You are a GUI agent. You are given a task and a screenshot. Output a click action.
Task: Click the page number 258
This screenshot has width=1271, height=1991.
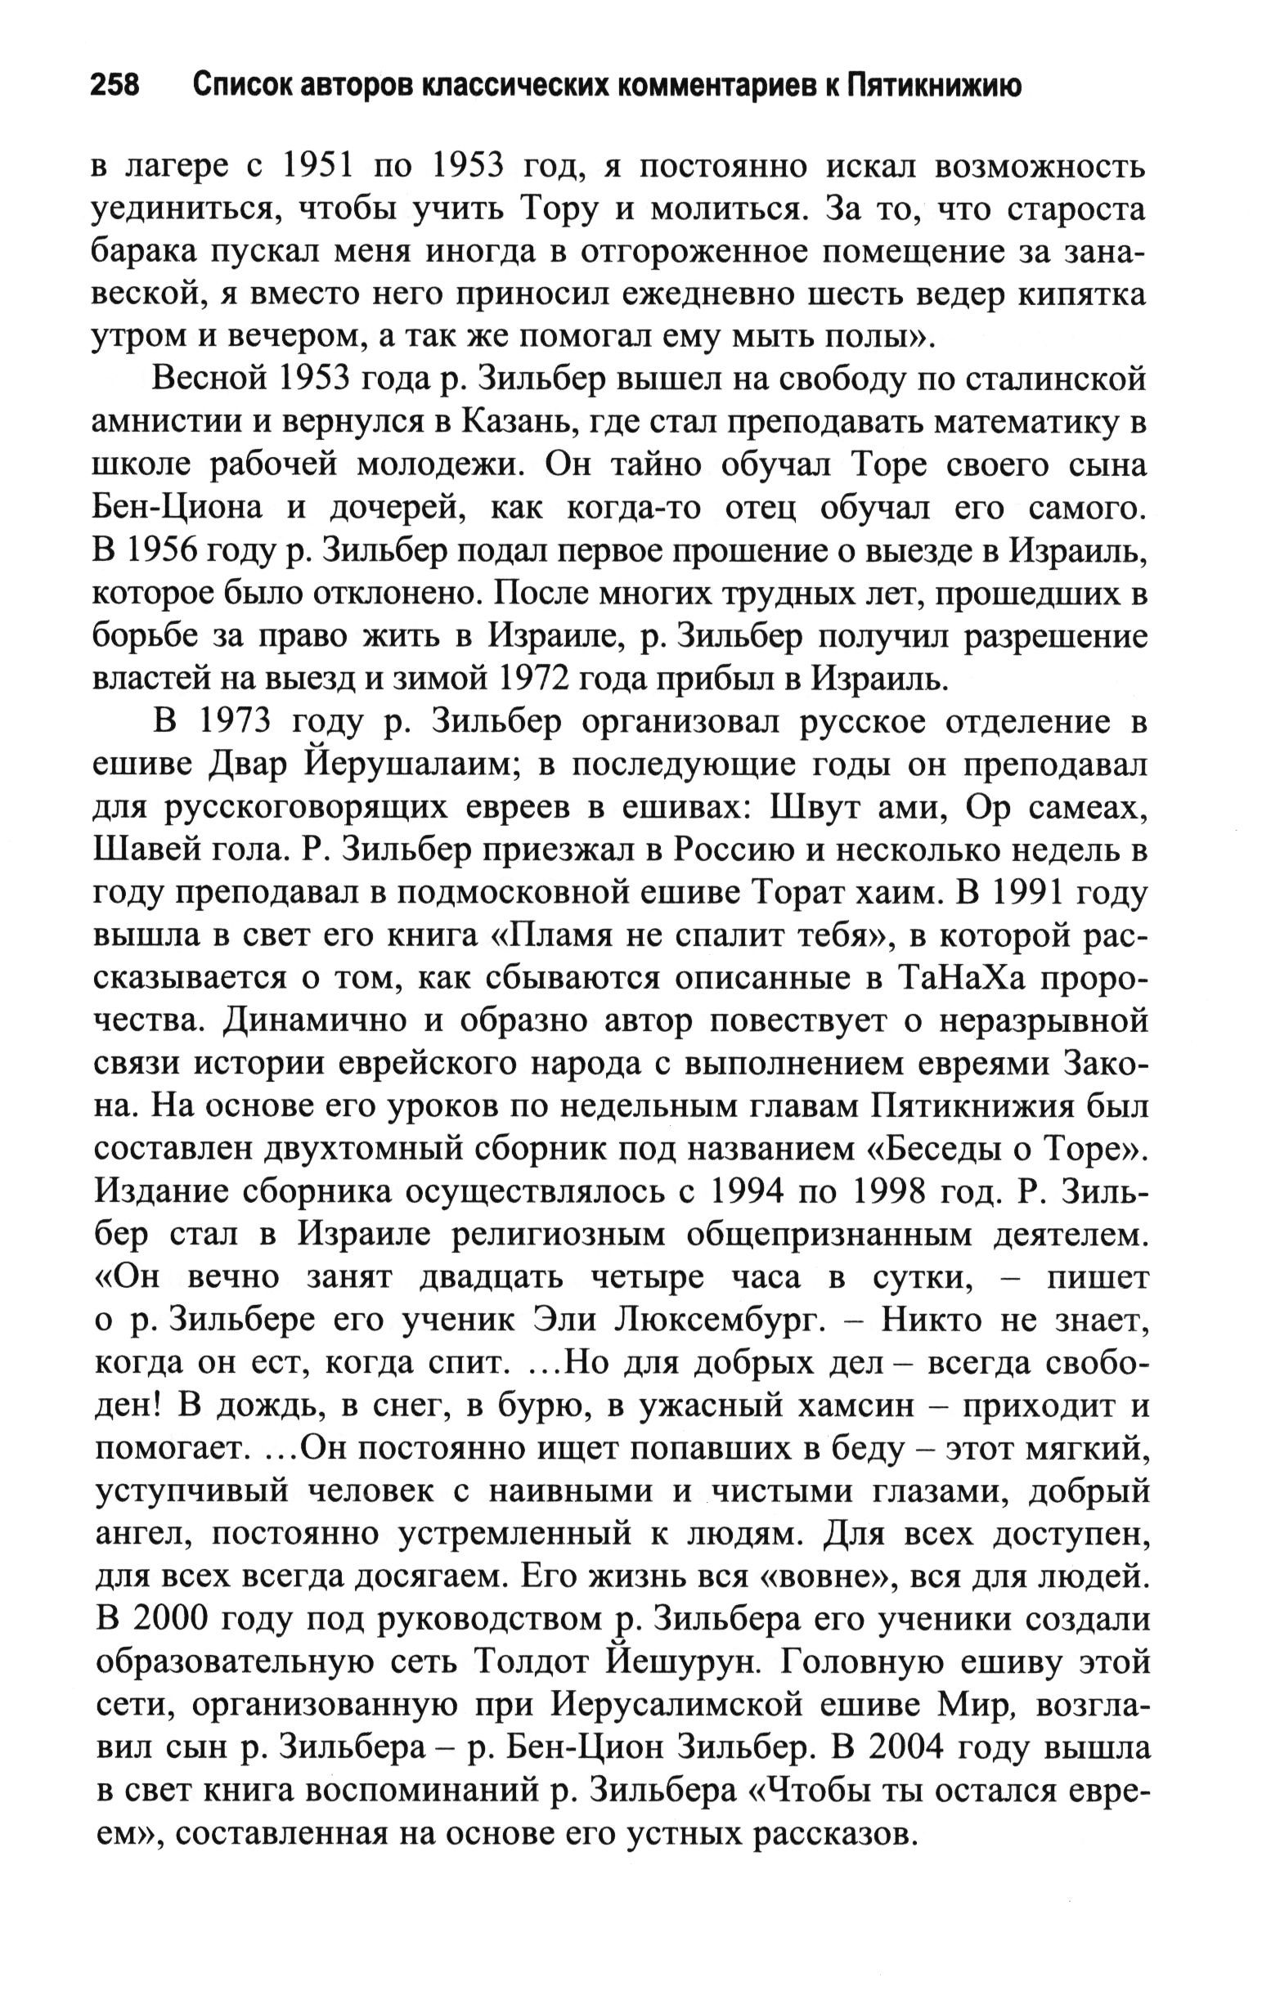[x=115, y=86]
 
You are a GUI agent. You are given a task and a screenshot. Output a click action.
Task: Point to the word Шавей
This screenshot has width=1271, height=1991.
[x=142, y=850]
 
